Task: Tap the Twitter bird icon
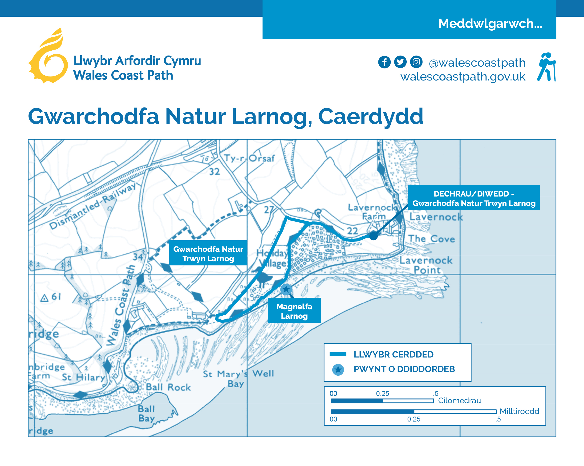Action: (x=400, y=62)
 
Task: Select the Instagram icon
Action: (x=416, y=62)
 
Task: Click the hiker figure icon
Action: (x=547, y=67)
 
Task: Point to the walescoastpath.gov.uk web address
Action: (x=463, y=77)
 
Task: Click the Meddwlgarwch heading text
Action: (x=490, y=24)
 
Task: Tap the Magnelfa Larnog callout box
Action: (x=294, y=311)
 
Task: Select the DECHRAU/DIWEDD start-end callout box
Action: (x=474, y=198)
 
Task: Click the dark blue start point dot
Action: (x=373, y=236)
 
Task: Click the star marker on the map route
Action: (x=286, y=289)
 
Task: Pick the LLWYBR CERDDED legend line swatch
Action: (x=338, y=354)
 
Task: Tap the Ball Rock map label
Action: (x=168, y=387)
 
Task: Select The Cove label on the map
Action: (x=431, y=239)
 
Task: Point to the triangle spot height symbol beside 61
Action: (x=44, y=298)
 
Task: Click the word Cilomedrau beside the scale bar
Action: (x=459, y=401)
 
